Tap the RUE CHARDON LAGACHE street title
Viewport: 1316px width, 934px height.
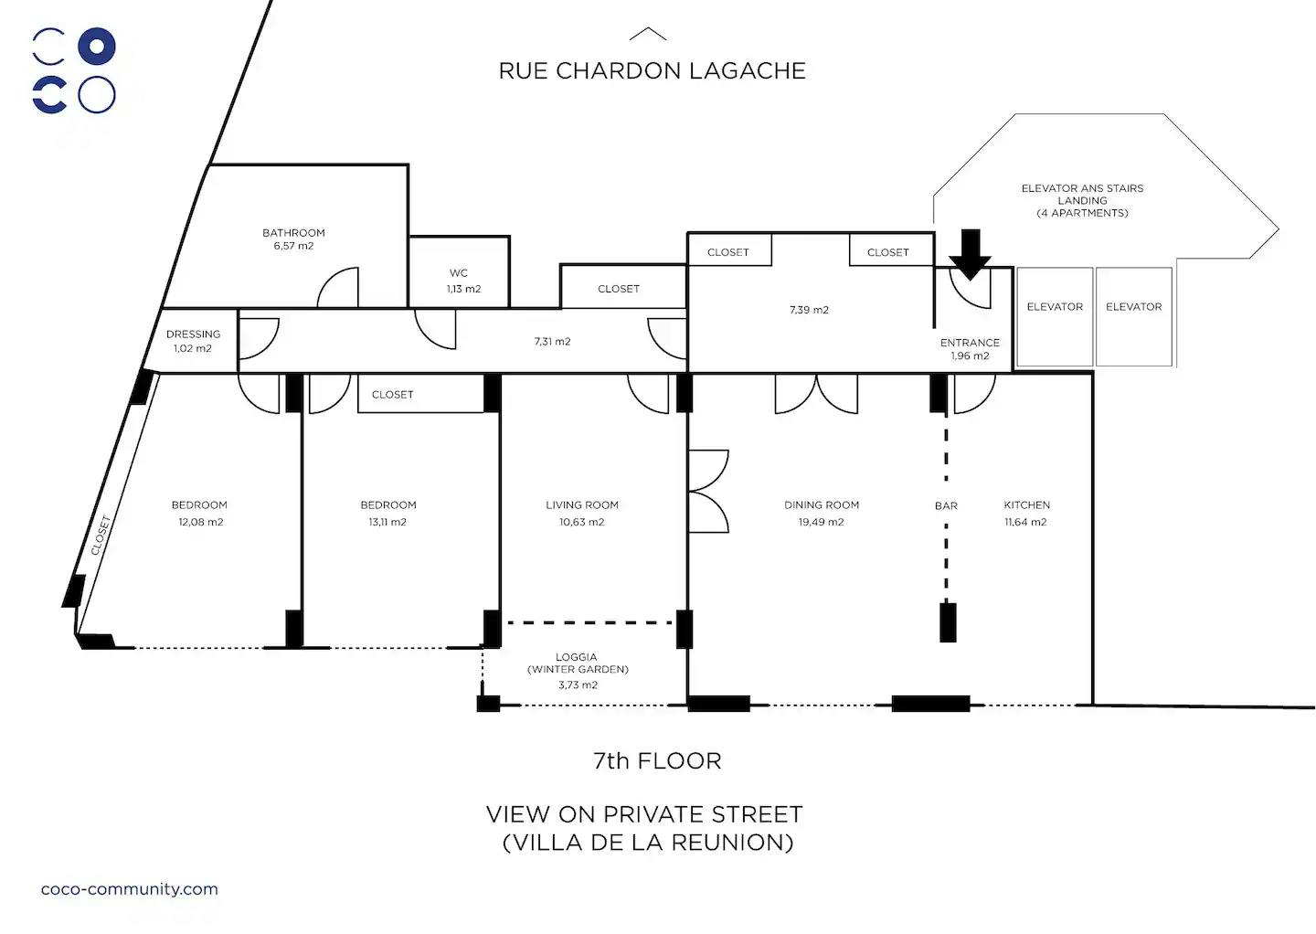(x=652, y=71)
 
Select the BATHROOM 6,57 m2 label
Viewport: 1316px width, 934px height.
(x=293, y=239)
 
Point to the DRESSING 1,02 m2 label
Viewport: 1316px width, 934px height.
(x=193, y=341)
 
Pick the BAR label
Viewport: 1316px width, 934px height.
(x=946, y=505)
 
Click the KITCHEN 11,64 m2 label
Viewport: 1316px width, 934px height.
(x=1026, y=513)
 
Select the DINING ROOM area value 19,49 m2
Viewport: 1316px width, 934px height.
(x=821, y=523)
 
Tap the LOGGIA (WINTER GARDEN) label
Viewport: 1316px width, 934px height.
(x=578, y=670)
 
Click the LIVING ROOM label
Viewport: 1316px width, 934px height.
(x=582, y=505)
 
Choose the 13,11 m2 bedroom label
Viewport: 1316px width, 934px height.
(x=387, y=523)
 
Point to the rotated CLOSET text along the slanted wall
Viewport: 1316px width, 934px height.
(x=101, y=536)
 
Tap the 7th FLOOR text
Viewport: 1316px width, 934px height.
(x=657, y=761)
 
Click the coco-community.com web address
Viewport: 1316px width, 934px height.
(x=130, y=889)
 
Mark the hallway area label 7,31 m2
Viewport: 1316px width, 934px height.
(x=552, y=342)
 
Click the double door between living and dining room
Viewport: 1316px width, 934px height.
(x=708, y=491)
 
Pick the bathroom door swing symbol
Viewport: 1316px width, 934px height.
(x=337, y=288)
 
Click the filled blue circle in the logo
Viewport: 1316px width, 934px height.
(x=97, y=47)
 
